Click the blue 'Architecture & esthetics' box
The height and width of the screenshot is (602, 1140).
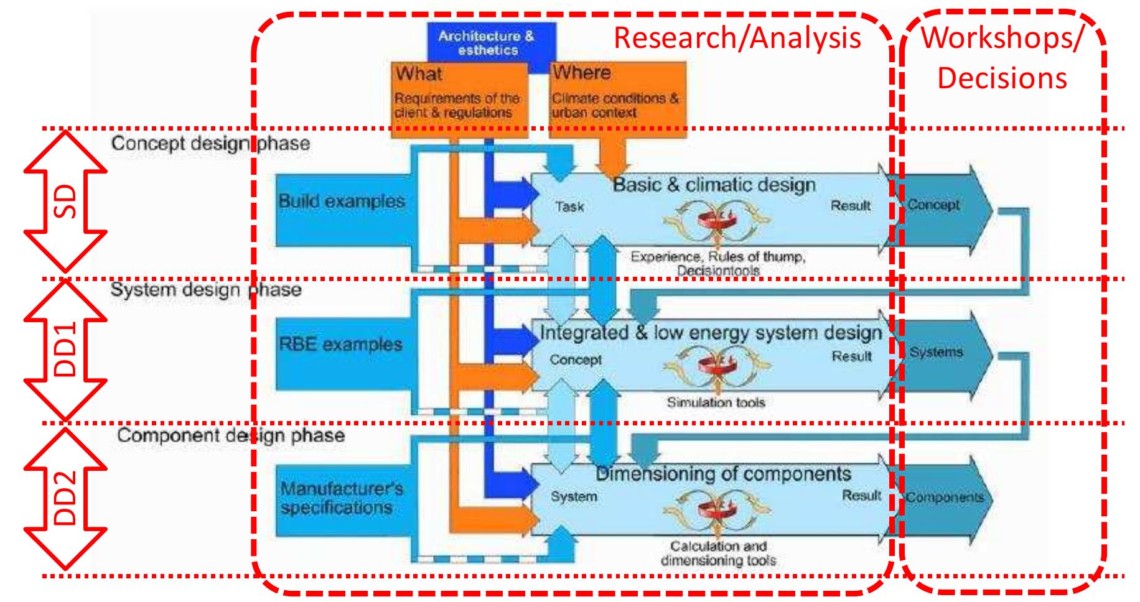pyautogui.click(x=486, y=42)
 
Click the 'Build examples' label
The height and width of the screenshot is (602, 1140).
pyautogui.click(x=342, y=201)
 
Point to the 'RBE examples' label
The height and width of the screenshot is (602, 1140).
pyautogui.click(x=340, y=345)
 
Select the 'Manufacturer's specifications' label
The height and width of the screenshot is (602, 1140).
pyautogui.click(x=342, y=498)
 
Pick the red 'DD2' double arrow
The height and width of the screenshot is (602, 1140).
pyautogui.click(x=65, y=498)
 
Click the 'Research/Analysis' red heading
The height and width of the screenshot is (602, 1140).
pyautogui.click(x=737, y=39)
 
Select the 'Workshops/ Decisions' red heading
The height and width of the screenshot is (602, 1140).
pyautogui.click(x=1002, y=58)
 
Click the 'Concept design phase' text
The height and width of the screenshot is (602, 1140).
pyautogui.click(x=210, y=144)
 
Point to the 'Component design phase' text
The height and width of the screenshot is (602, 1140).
pyautogui.click(x=230, y=435)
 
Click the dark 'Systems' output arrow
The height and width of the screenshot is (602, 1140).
pyautogui.click(x=940, y=353)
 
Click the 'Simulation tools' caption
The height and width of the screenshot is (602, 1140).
pyautogui.click(x=716, y=402)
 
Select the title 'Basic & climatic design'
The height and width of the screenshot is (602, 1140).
pyautogui.click(x=714, y=185)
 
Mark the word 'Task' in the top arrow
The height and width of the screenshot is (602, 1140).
pyautogui.click(x=569, y=206)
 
